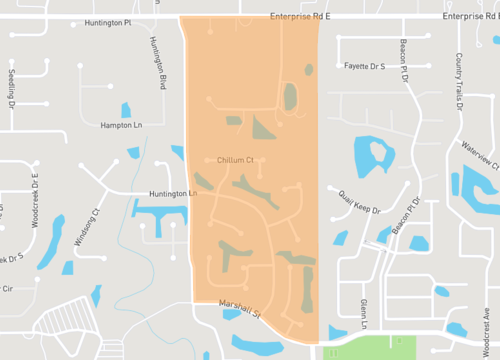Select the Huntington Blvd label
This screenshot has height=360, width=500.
coord(157,59)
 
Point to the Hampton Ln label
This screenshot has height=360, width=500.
coord(123,125)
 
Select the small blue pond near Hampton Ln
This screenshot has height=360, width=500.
coord(125,110)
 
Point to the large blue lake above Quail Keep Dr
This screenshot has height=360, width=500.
coord(373,156)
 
